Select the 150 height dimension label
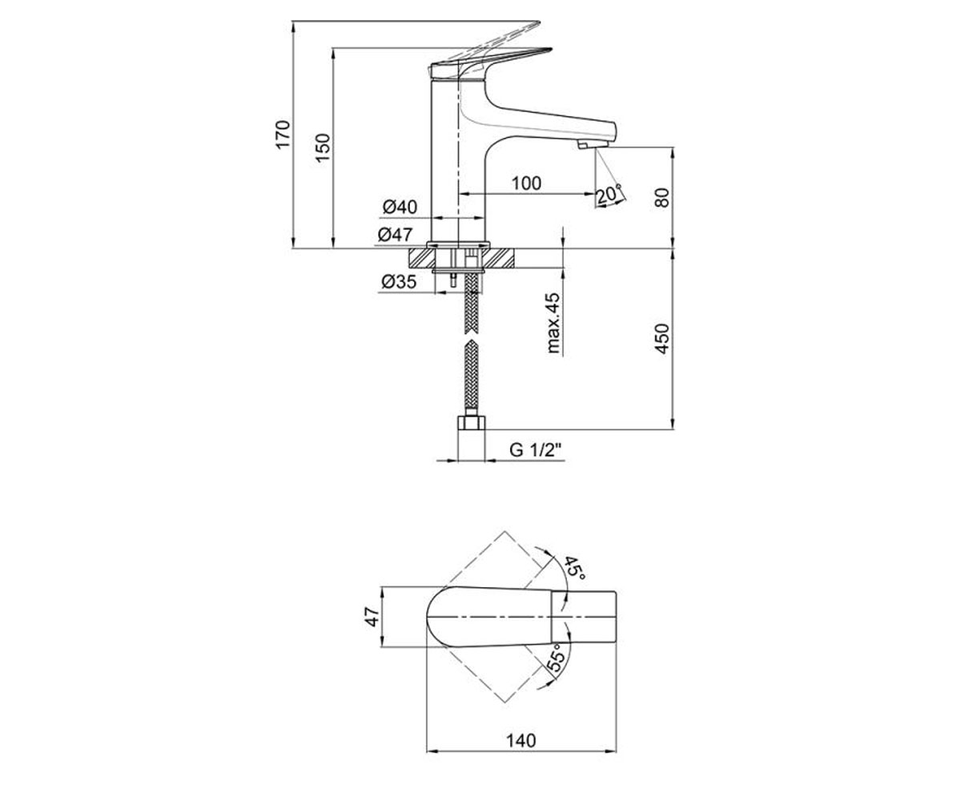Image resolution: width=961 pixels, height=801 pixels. [x=323, y=147]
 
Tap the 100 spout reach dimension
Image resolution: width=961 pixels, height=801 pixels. [x=526, y=183]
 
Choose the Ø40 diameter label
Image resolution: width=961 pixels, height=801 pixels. [x=400, y=207]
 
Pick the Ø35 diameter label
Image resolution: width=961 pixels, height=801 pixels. [x=399, y=281]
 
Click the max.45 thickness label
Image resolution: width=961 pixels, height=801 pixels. [x=553, y=323]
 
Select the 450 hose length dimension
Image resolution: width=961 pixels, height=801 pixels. [x=661, y=339]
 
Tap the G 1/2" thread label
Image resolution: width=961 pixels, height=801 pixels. [x=536, y=449]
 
